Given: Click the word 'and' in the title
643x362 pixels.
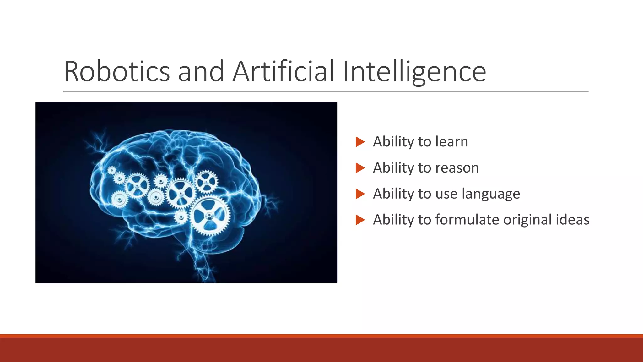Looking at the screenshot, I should click(x=201, y=72).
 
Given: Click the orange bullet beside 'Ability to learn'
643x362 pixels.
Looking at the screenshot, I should click(x=360, y=142).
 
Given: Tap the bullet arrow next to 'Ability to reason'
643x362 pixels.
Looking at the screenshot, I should click(x=360, y=168).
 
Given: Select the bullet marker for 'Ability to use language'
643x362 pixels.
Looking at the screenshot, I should click(x=360, y=194).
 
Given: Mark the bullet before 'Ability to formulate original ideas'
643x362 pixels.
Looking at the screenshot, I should click(x=360, y=220).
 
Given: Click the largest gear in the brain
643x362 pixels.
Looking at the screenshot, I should click(x=210, y=216).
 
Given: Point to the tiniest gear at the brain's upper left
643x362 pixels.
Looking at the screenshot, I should click(x=112, y=171).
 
